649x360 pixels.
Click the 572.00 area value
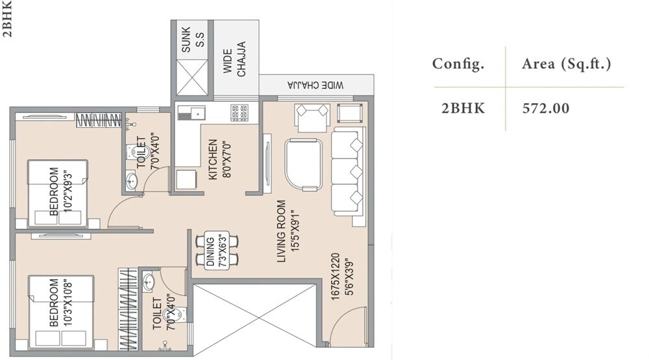(x=546, y=108)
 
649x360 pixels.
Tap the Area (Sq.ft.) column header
(x=567, y=64)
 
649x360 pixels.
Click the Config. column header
(x=459, y=64)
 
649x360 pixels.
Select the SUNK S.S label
(x=193, y=41)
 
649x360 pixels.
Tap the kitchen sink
(x=191, y=112)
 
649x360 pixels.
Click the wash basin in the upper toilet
(x=131, y=181)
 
